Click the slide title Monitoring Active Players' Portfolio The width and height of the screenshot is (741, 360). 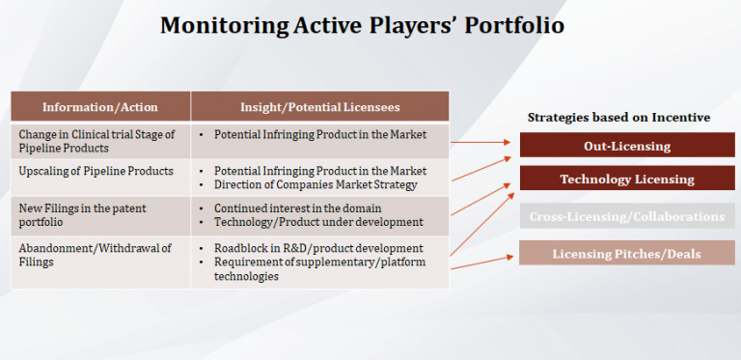[362, 25]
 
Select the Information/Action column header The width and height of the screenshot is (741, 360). [100, 106]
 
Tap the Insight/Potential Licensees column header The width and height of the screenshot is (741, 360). [319, 106]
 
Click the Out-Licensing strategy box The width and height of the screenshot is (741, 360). [627, 147]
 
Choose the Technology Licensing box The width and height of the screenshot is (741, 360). [627, 180]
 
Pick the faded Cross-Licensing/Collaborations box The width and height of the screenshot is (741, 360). [627, 216]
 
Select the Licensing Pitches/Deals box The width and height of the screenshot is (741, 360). [627, 254]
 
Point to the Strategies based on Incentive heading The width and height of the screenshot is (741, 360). [618, 117]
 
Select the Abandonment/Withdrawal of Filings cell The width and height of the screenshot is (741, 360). [96, 255]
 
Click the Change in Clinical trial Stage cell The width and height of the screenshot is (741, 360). [96, 141]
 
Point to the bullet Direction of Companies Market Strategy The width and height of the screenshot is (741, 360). [314, 184]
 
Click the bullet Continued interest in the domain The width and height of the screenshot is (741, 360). [297, 208]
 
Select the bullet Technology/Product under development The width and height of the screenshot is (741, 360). [318, 222]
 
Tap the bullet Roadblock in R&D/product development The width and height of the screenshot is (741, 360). [318, 249]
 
